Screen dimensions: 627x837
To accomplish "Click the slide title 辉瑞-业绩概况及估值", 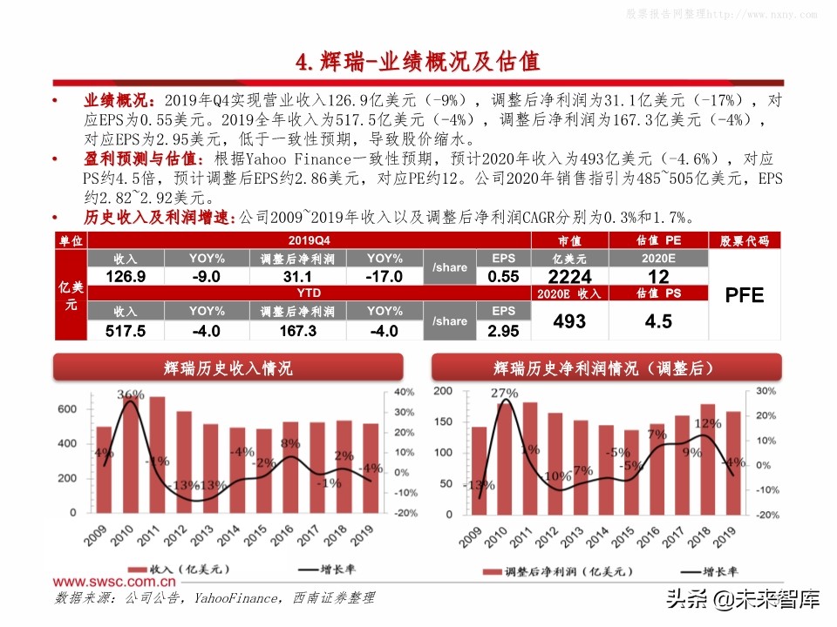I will tap(418, 61).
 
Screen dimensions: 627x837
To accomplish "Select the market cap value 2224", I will tap(571, 277).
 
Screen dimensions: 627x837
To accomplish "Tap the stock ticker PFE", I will tap(744, 296).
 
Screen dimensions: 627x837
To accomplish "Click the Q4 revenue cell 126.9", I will tap(126, 277).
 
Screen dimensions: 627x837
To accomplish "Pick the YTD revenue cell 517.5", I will tap(126, 331).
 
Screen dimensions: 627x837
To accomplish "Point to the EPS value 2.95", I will tap(503, 331).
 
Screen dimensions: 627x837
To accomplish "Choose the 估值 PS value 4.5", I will tap(658, 321).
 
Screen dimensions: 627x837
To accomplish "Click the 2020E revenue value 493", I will tap(571, 321).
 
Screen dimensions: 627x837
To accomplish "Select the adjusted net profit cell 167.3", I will tap(298, 331).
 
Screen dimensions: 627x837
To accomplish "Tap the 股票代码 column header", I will tap(744, 240).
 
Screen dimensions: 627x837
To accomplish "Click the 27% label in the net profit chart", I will tap(503, 394).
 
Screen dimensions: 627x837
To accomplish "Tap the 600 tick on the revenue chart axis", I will tap(68, 409).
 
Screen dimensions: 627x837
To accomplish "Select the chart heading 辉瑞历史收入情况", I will tap(228, 368).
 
